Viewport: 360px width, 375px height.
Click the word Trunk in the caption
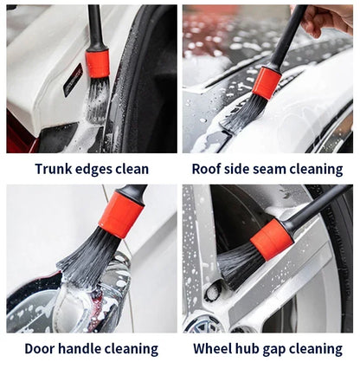(x=53, y=169)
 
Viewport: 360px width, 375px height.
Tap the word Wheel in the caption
(x=213, y=349)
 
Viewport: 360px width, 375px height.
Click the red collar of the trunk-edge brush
(x=98, y=63)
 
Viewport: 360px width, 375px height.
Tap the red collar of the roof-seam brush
(x=266, y=82)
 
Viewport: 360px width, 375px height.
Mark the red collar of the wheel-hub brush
(x=273, y=237)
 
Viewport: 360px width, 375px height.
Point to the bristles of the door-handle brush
(x=87, y=258)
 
